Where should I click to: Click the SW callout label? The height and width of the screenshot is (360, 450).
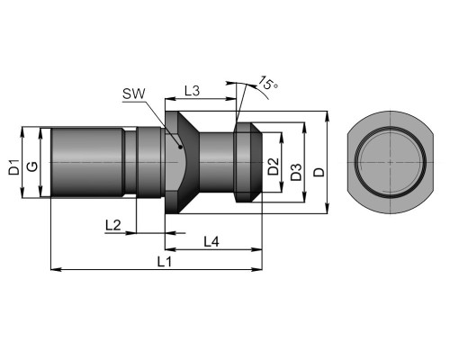pyautogui.click(x=133, y=94)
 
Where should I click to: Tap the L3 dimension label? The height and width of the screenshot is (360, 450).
pyautogui.click(x=192, y=91)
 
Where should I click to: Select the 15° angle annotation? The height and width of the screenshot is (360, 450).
pyautogui.click(x=268, y=83)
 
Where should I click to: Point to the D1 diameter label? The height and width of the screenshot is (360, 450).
pyautogui.click(x=13, y=167)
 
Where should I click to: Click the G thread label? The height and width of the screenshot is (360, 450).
pyautogui.click(x=32, y=166)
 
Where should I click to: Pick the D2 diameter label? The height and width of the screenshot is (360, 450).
pyautogui.click(x=274, y=166)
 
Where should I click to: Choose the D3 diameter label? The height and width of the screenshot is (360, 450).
pyautogui.click(x=296, y=172)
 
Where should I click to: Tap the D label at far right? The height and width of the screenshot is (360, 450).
pyautogui.click(x=319, y=172)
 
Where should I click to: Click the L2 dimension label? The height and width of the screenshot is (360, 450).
pyautogui.click(x=113, y=225)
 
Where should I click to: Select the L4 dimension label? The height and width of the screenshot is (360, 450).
pyautogui.click(x=211, y=241)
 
